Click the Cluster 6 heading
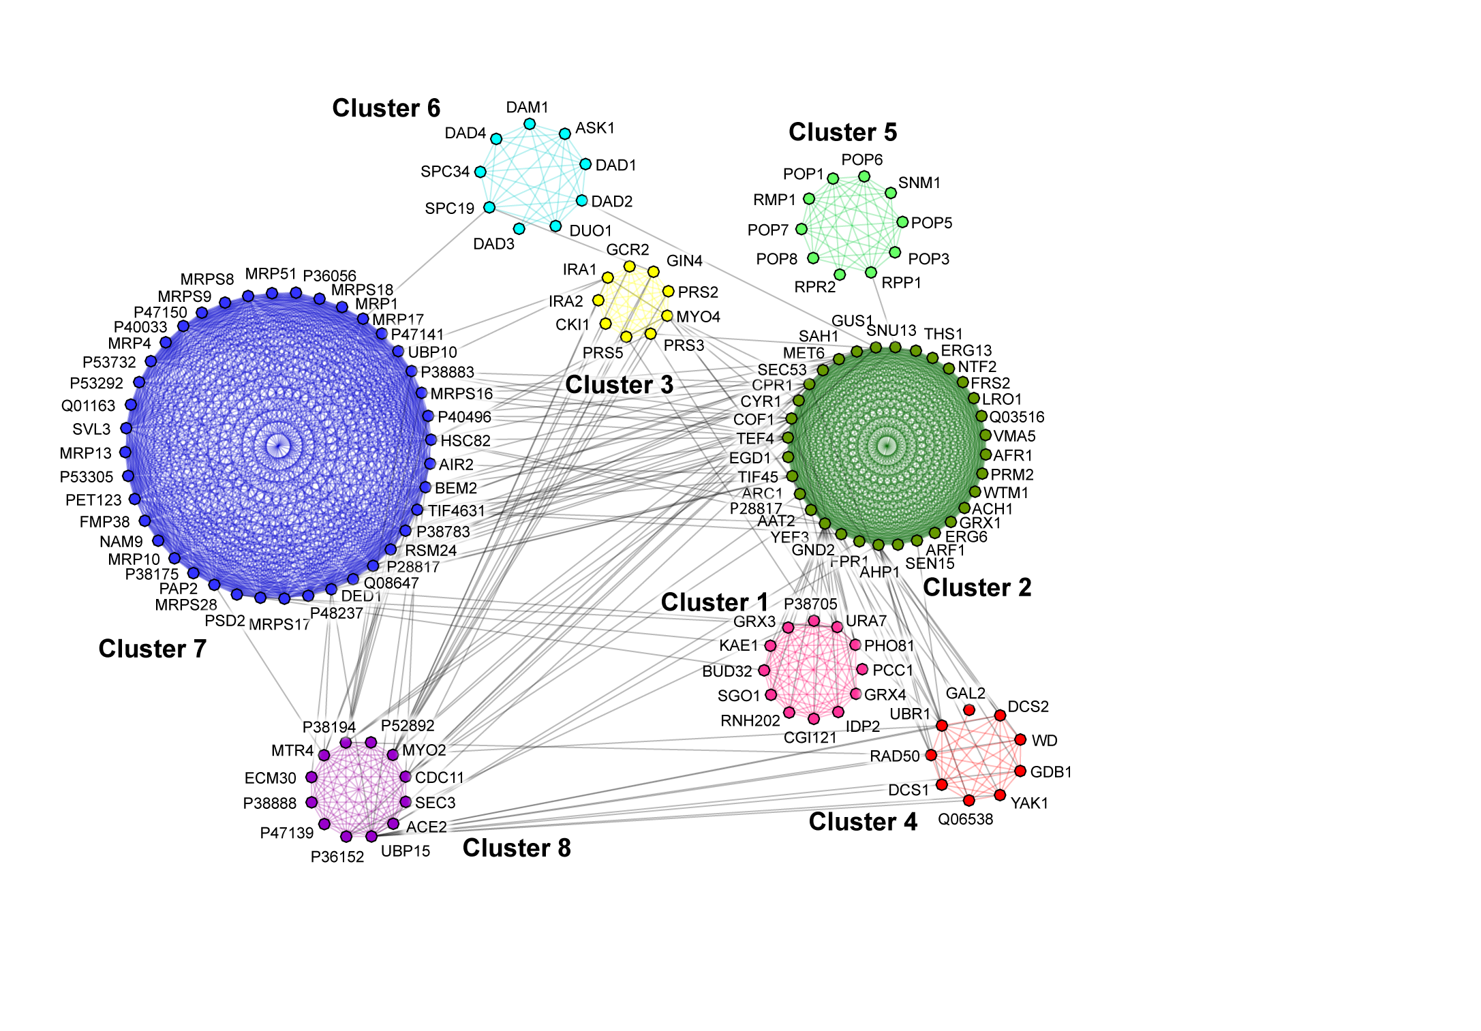pyautogui.click(x=386, y=108)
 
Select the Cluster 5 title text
pyautogui.click(x=842, y=132)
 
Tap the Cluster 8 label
pyautogui.click(x=517, y=848)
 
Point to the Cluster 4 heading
pyautogui.click(x=863, y=822)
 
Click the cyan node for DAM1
pyautogui.click(x=530, y=124)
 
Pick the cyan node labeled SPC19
pyautogui.click(x=489, y=207)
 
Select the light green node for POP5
pyautogui.click(x=902, y=222)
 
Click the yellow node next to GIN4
pyautogui.click(x=654, y=272)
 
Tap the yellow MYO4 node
pyautogui.click(x=667, y=316)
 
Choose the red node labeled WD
pyautogui.click(x=1020, y=740)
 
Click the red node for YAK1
pyautogui.click(x=1000, y=795)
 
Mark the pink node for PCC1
pyautogui.click(x=862, y=670)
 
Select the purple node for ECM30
pyautogui.click(x=311, y=778)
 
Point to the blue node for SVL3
pyautogui.click(x=126, y=429)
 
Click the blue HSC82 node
pyautogui.click(x=431, y=440)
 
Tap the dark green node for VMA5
pyautogui.click(x=985, y=435)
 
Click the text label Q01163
pyautogui.click(x=89, y=406)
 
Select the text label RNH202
pyautogui.click(x=750, y=721)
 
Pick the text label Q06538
pyautogui.click(x=965, y=819)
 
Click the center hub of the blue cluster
pyautogui.click(x=277, y=446)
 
